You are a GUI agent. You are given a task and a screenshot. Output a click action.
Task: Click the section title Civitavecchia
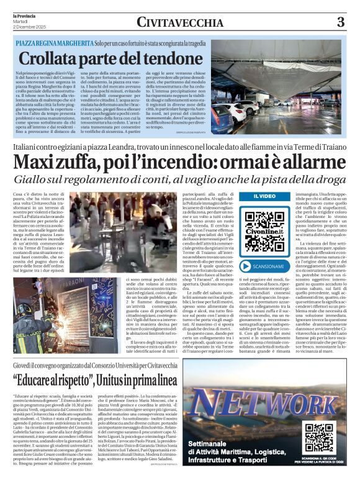[x=179, y=22]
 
